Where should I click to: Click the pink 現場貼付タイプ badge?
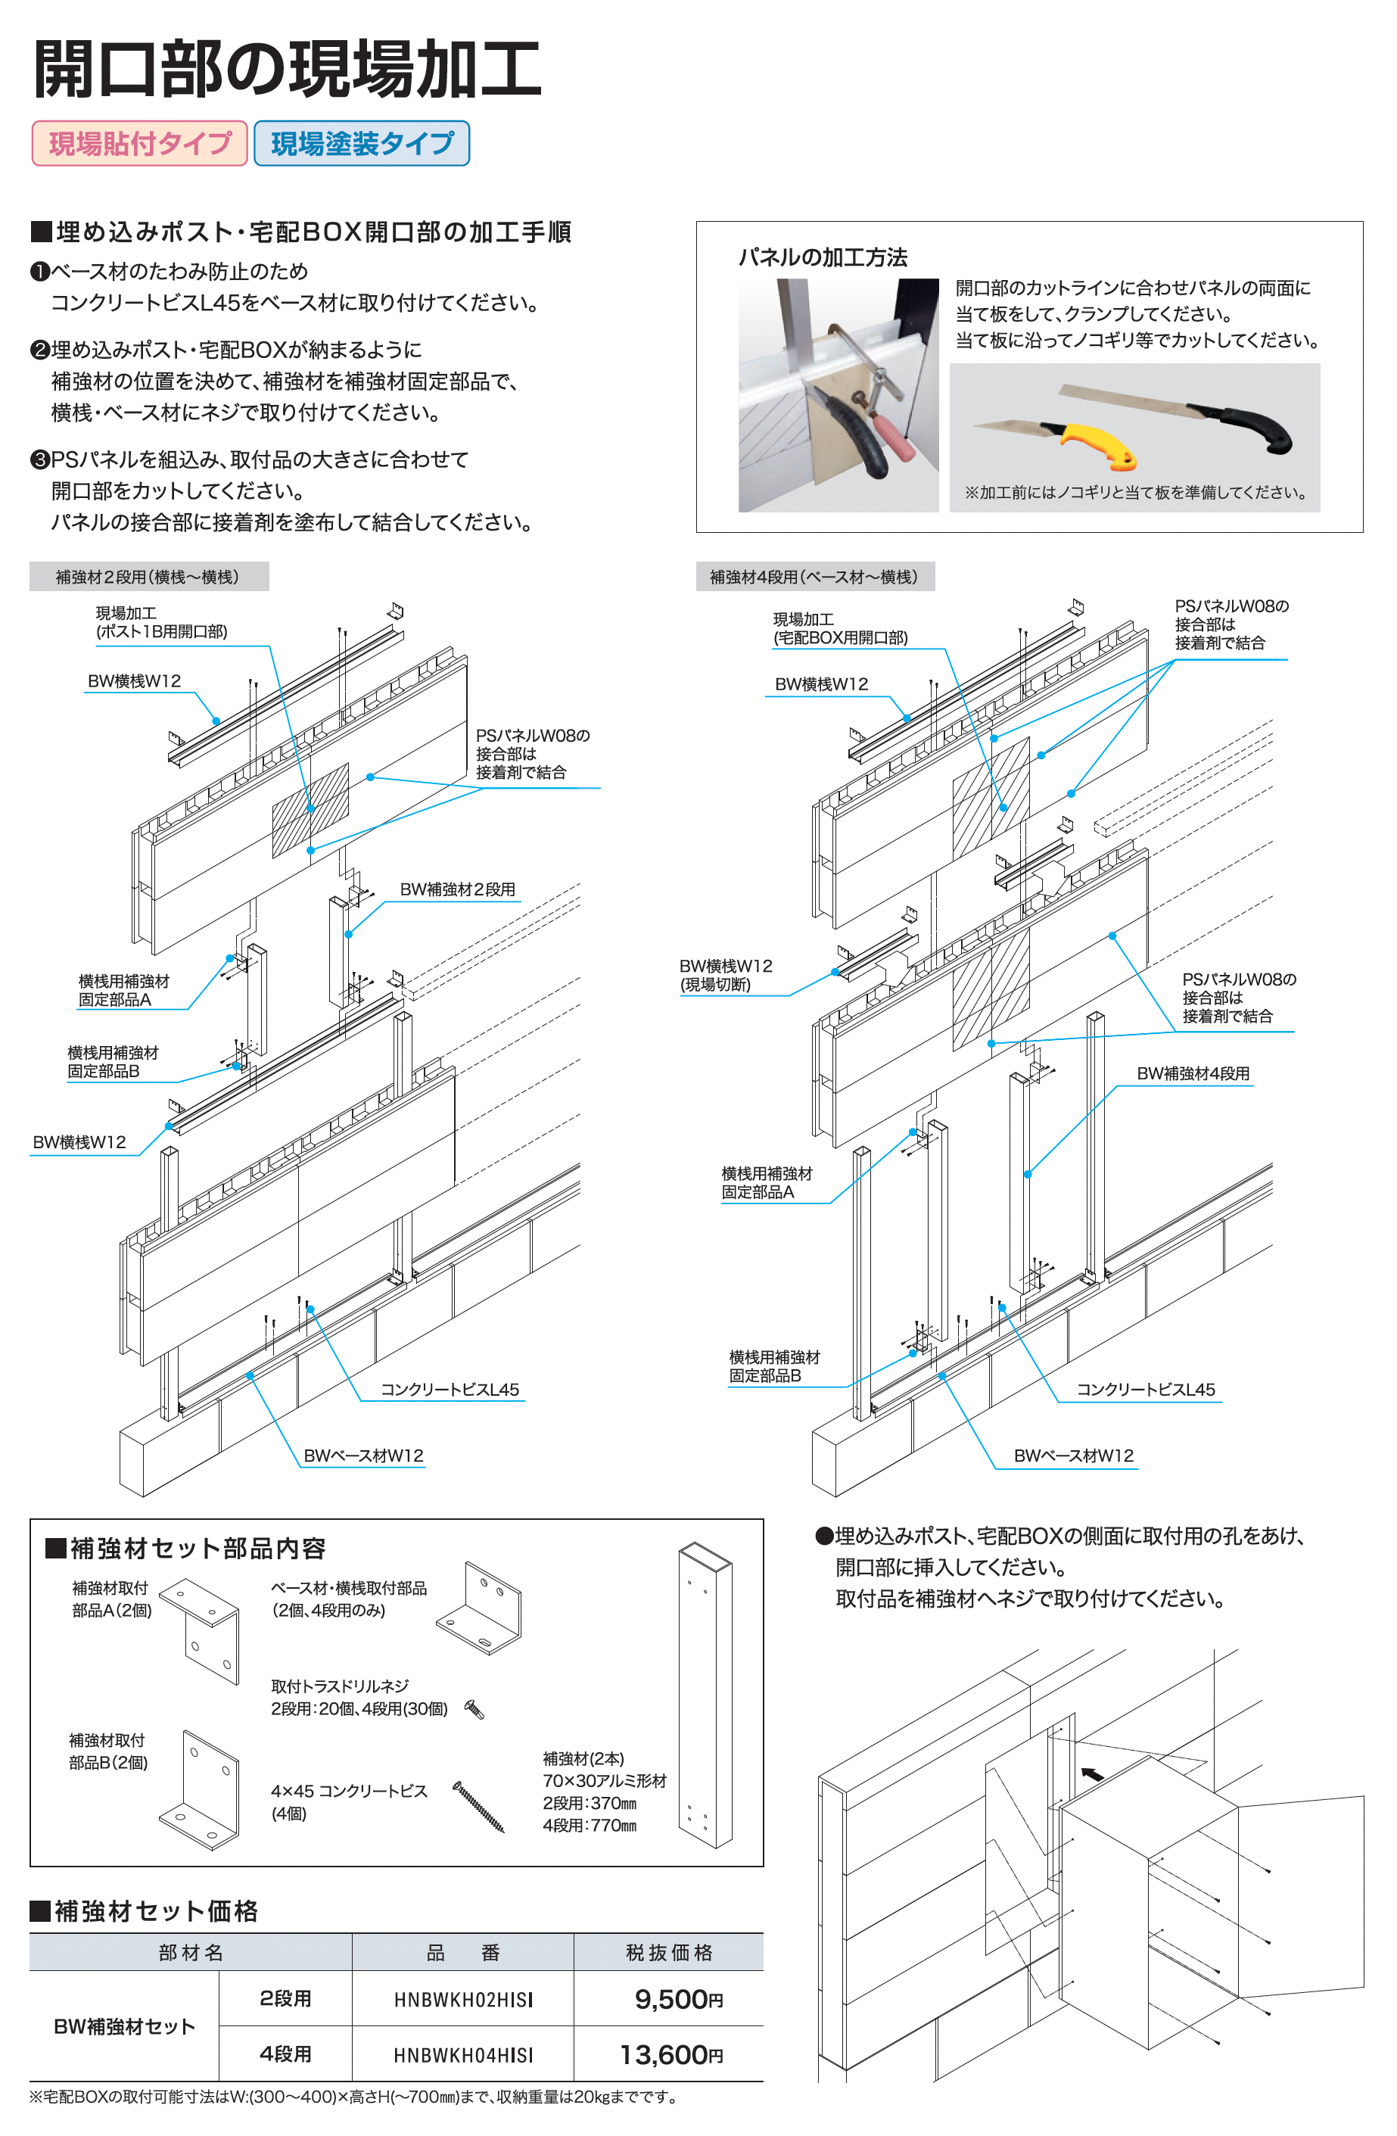[x=139, y=144]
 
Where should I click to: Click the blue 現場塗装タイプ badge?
[x=362, y=144]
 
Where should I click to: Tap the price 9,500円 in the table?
[x=677, y=1999]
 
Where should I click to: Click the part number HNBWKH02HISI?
[x=463, y=2000]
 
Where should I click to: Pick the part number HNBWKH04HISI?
[x=463, y=2055]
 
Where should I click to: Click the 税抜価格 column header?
[x=668, y=1952]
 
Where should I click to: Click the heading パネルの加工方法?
[x=823, y=257]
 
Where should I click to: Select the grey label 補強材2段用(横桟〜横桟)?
[x=148, y=577]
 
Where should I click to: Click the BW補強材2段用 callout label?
[x=458, y=889]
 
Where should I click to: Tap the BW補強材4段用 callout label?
[x=1193, y=1073]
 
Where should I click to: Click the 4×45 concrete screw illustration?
[x=478, y=1807]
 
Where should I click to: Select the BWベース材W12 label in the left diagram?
[x=363, y=1456]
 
